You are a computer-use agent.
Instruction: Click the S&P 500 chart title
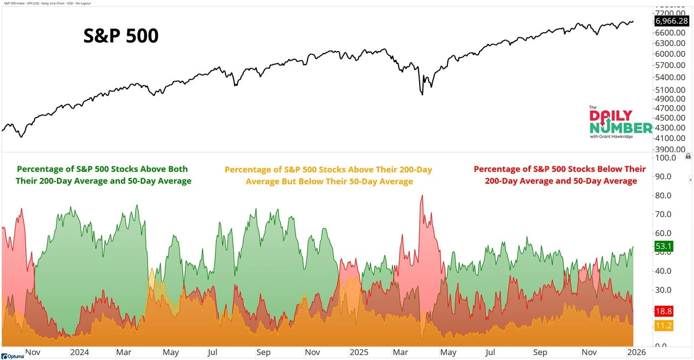[x=121, y=36]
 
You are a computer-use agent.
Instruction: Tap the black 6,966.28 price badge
[x=671, y=21]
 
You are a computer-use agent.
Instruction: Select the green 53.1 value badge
[x=664, y=247]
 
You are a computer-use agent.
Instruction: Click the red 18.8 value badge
[x=664, y=311]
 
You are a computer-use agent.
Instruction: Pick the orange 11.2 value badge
[x=664, y=325]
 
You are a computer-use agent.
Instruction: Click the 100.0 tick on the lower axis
[x=665, y=158]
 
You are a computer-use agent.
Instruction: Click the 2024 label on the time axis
[x=79, y=352]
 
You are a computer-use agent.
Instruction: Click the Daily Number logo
[x=620, y=123]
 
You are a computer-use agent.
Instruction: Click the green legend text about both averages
[x=104, y=175]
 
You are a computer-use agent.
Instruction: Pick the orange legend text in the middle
[x=329, y=175]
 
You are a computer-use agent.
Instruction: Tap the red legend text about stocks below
[x=560, y=175]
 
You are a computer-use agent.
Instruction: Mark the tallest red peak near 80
[x=422, y=196]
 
